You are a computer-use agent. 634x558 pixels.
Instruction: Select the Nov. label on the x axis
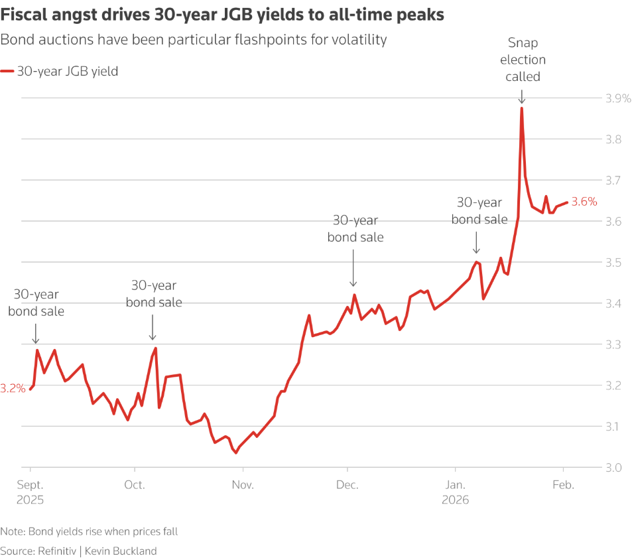coord(243,485)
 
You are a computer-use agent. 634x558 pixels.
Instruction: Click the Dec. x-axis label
coord(348,485)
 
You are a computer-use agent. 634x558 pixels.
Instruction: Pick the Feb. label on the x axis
coord(564,485)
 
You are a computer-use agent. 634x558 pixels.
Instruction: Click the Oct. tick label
coord(135,485)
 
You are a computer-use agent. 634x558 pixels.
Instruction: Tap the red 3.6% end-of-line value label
coord(584,202)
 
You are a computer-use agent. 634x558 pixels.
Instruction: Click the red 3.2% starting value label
coord(13,389)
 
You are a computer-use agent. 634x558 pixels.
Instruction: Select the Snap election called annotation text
coord(523,60)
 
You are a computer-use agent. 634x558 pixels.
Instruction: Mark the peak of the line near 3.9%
coord(522,108)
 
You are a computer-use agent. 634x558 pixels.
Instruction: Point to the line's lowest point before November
coord(235,453)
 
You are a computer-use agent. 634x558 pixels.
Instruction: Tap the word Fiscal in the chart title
coord(24,15)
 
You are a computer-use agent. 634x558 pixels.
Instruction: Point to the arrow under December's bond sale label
coord(353,273)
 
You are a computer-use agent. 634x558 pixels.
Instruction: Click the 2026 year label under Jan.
coord(456,500)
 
